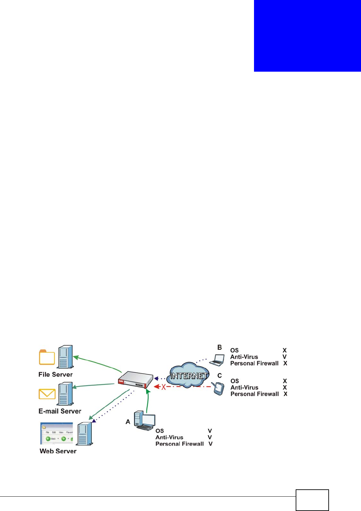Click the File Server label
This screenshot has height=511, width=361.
55,374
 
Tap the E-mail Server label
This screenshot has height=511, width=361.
60,411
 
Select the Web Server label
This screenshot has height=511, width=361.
58,451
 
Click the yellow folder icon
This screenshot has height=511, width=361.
47,357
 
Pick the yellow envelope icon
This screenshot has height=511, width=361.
47,394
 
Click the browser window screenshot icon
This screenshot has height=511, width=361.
57,434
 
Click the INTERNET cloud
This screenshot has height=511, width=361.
188,375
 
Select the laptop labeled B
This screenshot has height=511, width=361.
217,360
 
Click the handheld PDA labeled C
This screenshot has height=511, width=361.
218,388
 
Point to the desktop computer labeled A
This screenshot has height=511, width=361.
144,421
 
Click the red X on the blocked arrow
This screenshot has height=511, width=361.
164,387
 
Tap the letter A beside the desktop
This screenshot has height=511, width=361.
128,422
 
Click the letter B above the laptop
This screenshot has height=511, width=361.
220,347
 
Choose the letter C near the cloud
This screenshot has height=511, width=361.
220,376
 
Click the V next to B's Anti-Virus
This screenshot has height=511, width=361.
285,357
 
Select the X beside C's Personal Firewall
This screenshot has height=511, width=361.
285,394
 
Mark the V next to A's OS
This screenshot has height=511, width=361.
210,431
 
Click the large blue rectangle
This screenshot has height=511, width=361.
307,36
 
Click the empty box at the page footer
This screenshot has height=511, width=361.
312,500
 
